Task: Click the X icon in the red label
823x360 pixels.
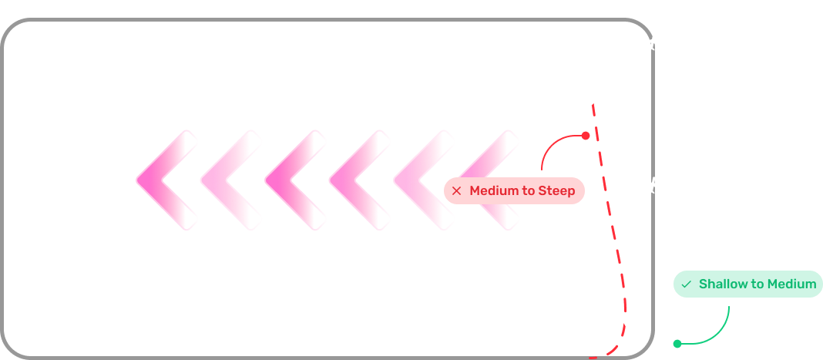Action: (456, 190)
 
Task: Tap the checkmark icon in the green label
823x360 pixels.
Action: (686, 284)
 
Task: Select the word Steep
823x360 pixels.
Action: (557, 190)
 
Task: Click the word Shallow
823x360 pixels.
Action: (723, 284)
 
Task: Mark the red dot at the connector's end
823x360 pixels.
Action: (586, 136)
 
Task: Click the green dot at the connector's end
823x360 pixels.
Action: (677, 344)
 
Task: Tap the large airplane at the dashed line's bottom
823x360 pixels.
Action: (626, 320)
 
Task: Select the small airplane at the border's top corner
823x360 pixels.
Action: (653, 42)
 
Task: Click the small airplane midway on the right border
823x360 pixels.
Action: (653, 185)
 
